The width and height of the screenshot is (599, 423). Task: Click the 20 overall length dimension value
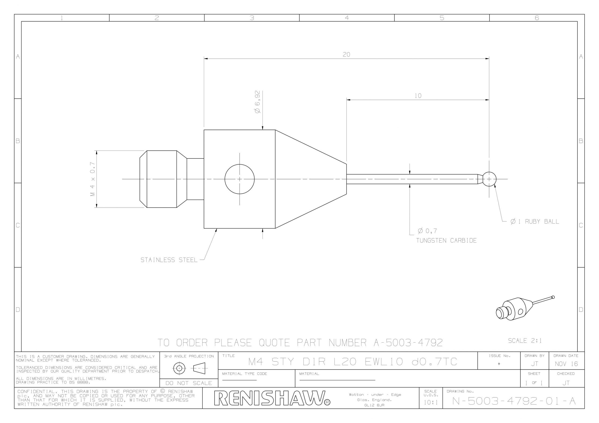[347, 54]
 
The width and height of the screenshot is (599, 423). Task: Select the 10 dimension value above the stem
[418, 96]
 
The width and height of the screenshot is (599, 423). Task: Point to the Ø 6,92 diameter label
[257, 102]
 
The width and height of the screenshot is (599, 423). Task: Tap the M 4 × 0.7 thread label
[93, 179]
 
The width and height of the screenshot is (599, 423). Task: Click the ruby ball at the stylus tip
[489, 179]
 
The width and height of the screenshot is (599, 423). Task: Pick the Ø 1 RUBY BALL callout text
[535, 222]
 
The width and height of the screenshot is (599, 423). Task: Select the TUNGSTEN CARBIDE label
[446, 240]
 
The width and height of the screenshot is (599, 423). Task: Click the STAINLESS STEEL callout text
[169, 260]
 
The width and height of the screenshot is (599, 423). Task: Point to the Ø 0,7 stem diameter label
[427, 231]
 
